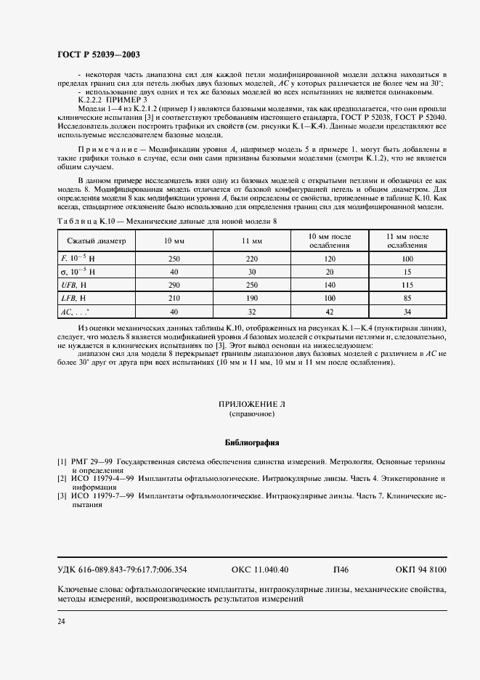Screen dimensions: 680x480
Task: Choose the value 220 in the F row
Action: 251,259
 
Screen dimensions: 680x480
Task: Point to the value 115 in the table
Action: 407,286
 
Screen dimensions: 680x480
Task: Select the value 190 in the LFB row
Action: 251,299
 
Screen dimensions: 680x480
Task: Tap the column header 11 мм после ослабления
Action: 407,240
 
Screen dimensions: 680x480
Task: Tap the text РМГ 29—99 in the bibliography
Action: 89,461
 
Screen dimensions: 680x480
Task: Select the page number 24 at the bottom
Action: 62,621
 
